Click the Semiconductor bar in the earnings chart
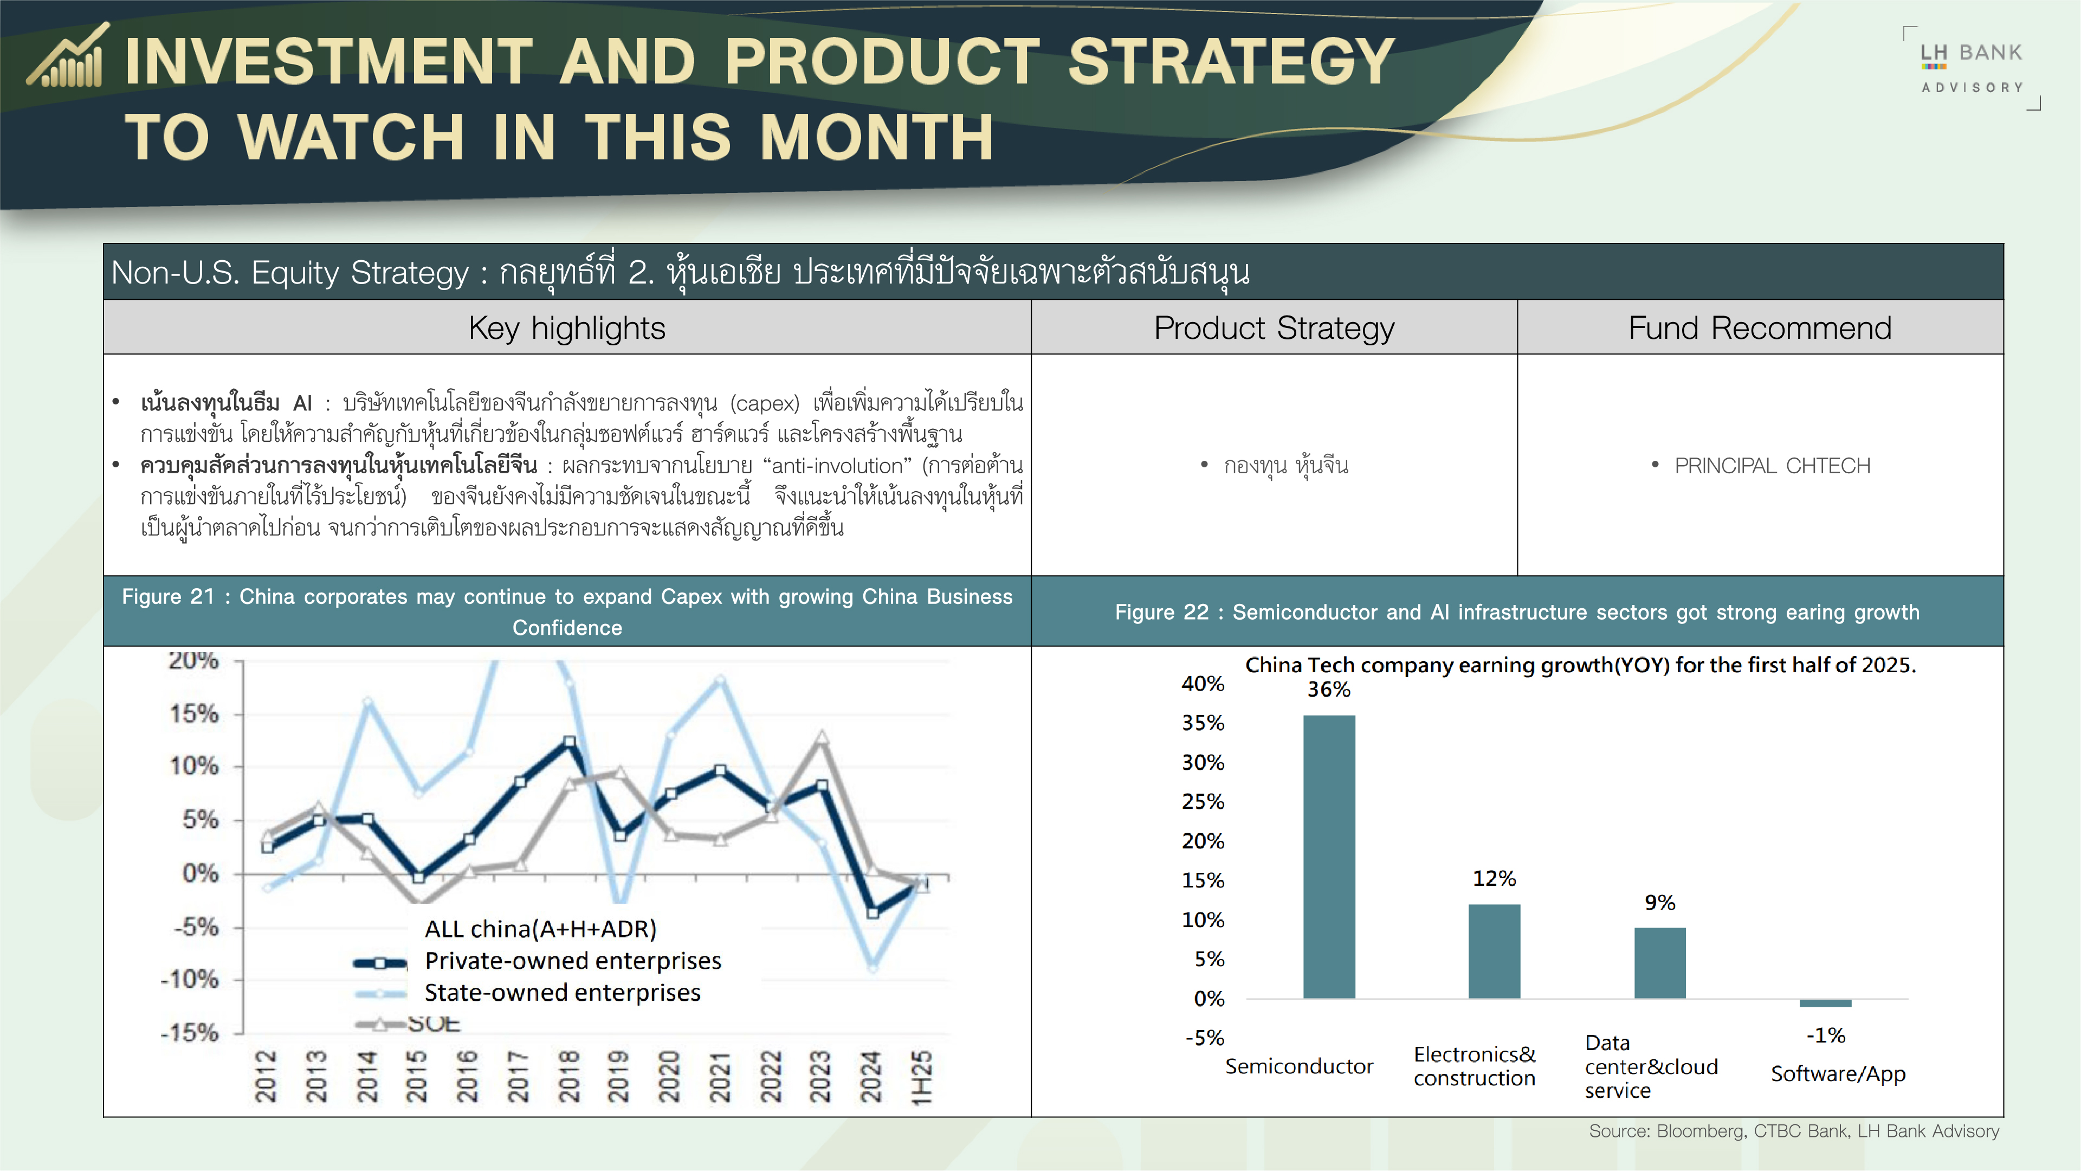[1328, 857]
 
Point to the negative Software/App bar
[1825, 1003]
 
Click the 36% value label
[1329, 690]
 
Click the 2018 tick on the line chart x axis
[568, 1077]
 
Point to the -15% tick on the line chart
[190, 1033]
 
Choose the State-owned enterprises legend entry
[563, 993]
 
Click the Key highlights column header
[567, 328]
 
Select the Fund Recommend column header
[1760, 328]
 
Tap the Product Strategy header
[1274, 328]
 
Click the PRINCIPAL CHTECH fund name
[1772, 466]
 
